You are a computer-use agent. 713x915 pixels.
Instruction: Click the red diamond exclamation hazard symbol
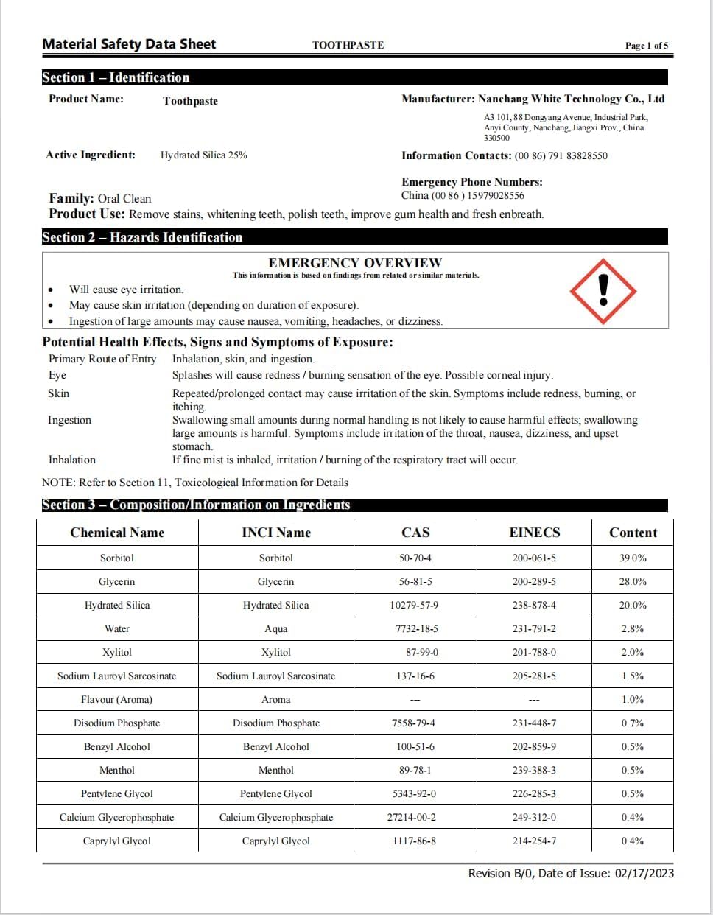pyautogui.click(x=603, y=290)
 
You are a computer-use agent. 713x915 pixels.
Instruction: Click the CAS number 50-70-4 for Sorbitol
pyautogui.click(x=415, y=558)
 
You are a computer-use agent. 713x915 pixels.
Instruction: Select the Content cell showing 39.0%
pyautogui.click(x=632, y=558)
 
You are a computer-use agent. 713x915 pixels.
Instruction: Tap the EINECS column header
pyautogui.click(x=534, y=533)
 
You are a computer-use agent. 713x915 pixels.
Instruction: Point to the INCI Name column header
pyautogui.click(x=276, y=533)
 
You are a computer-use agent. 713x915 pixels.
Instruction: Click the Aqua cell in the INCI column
pyautogui.click(x=276, y=628)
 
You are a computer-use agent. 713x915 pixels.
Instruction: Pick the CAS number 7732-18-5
pyautogui.click(x=416, y=628)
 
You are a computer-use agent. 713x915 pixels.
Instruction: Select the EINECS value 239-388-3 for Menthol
pyautogui.click(x=534, y=770)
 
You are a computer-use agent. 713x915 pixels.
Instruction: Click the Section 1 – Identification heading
pyautogui.click(x=116, y=77)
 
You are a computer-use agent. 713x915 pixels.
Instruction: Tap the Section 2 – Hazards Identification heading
pyautogui.click(x=142, y=237)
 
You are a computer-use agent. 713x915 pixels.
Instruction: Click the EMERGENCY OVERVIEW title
pyautogui.click(x=355, y=262)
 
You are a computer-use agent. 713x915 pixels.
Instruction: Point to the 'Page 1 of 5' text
pyautogui.click(x=647, y=46)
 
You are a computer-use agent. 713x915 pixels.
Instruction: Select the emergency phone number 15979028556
pyautogui.click(x=496, y=195)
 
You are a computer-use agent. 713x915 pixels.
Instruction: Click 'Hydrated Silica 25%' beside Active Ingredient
pyautogui.click(x=204, y=155)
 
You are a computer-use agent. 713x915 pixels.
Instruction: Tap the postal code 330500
pyautogui.click(x=496, y=138)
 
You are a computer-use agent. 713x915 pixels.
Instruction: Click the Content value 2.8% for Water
pyautogui.click(x=632, y=628)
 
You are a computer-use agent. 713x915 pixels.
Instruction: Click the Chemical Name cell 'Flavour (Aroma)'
pyautogui.click(x=116, y=699)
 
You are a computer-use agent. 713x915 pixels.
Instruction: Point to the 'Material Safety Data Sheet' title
pyautogui.click(x=129, y=44)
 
